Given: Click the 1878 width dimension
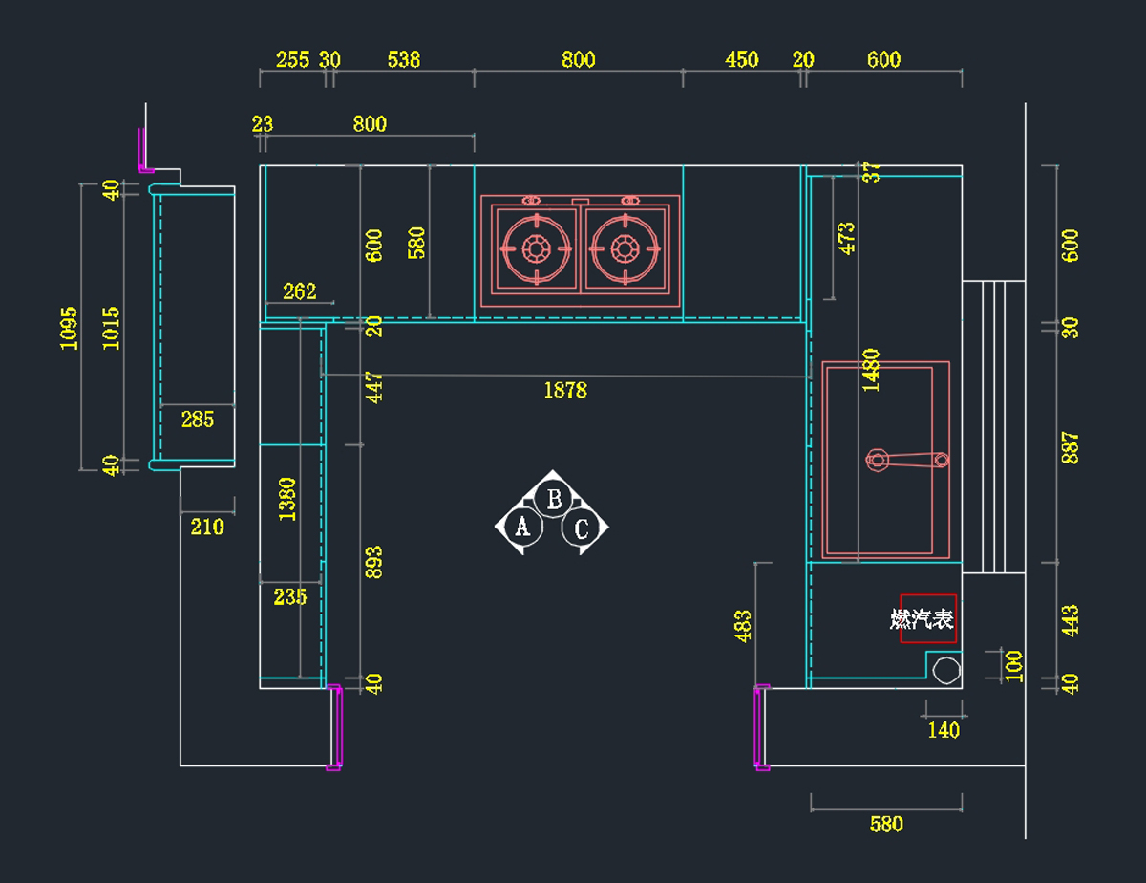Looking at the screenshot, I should click(x=565, y=390).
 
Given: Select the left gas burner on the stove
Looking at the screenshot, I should click(x=535, y=249).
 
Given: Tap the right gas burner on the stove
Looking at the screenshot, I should click(x=626, y=249).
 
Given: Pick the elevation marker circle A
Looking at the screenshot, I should click(x=521, y=525).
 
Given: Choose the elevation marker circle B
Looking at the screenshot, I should click(x=552, y=498).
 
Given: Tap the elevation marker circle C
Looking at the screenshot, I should click(x=582, y=528).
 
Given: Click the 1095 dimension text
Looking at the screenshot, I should click(x=70, y=328).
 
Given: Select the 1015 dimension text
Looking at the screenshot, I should click(x=112, y=328).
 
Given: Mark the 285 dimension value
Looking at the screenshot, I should click(x=198, y=419).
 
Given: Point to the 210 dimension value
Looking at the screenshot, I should click(x=207, y=527).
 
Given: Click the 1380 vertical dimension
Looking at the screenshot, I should click(x=287, y=499).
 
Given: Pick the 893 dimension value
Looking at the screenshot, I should click(x=374, y=562).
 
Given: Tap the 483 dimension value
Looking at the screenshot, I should click(x=743, y=626).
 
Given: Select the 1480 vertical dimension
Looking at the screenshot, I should click(x=870, y=371).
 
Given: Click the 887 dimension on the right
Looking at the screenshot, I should click(x=1071, y=448).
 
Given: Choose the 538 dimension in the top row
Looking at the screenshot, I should click(x=404, y=59).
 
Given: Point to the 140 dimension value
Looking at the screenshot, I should click(x=944, y=730).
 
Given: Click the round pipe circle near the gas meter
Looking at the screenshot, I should click(x=946, y=670).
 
